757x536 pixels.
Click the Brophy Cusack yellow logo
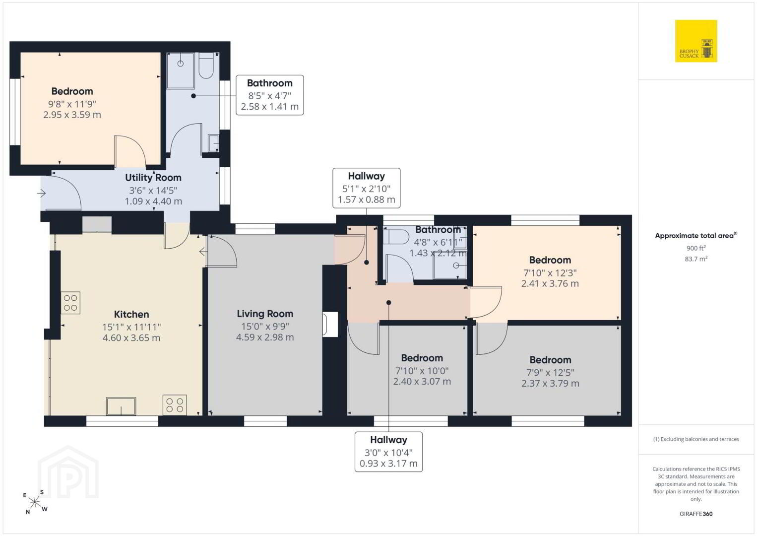click(696, 41)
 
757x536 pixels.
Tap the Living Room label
click(265, 314)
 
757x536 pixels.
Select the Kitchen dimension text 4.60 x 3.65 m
click(131, 338)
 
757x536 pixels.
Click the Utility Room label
click(153, 178)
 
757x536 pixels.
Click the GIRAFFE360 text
click(696, 514)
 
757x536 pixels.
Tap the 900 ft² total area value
click(696, 248)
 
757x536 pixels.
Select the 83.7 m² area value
click(696, 259)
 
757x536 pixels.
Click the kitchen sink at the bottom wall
click(121, 406)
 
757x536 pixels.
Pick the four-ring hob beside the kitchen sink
click(175, 405)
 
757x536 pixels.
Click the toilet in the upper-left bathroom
click(206, 66)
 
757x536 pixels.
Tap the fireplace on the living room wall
click(330, 324)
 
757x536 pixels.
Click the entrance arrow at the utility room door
click(42, 194)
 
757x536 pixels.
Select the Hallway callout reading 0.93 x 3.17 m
click(388, 452)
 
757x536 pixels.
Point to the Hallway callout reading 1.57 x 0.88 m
click(366, 188)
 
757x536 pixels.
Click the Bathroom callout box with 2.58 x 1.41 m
click(270, 95)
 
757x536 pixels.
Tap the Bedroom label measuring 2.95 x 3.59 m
click(72, 91)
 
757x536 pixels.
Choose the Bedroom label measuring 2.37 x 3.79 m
click(550, 360)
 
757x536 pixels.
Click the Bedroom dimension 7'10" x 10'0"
click(422, 371)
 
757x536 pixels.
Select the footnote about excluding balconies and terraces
click(696, 439)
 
